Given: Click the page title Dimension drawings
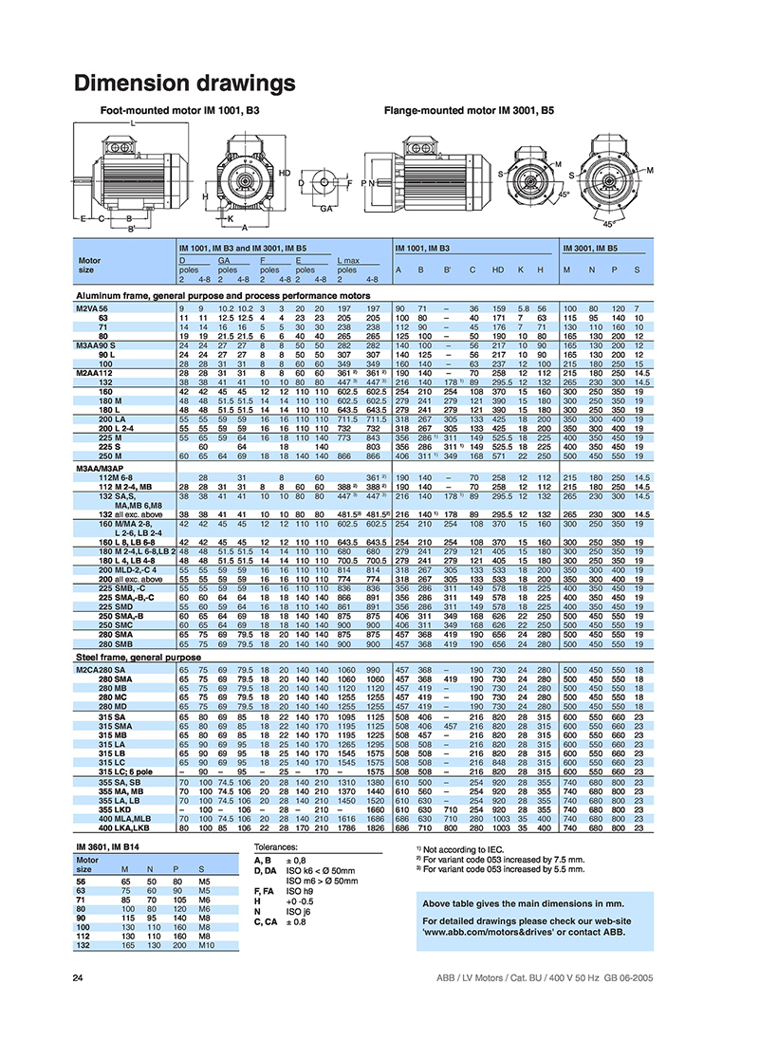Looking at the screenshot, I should click(185, 84).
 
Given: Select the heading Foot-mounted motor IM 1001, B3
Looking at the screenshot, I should click(180, 111).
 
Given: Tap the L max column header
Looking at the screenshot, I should click(350, 259).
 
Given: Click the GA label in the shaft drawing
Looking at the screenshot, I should click(326, 206).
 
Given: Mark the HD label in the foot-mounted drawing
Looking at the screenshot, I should click(284, 173).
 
